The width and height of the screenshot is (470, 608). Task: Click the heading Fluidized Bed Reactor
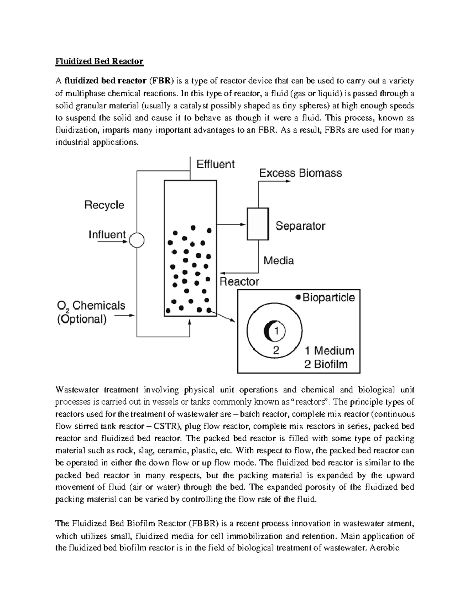(x=99, y=61)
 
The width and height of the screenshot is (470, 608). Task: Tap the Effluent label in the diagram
(x=215, y=164)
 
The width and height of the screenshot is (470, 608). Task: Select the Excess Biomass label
(x=300, y=173)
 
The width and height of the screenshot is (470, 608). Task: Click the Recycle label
(x=104, y=205)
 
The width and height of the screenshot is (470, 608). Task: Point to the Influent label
(x=107, y=235)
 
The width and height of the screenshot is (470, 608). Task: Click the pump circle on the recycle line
(x=137, y=240)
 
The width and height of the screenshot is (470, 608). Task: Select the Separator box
(x=257, y=224)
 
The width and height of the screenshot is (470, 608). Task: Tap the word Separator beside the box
(x=300, y=226)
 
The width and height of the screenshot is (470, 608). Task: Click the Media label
(x=278, y=260)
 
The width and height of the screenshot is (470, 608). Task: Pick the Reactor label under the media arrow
(x=239, y=281)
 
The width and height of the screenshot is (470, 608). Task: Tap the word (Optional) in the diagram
(x=82, y=319)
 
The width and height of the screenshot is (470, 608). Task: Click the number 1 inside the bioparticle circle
(x=276, y=331)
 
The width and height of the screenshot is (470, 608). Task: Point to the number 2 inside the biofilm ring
(x=276, y=350)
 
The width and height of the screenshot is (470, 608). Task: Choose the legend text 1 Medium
(x=329, y=350)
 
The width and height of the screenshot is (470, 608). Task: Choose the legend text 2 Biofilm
(x=326, y=364)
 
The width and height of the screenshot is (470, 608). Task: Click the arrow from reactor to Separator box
(x=231, y=225)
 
